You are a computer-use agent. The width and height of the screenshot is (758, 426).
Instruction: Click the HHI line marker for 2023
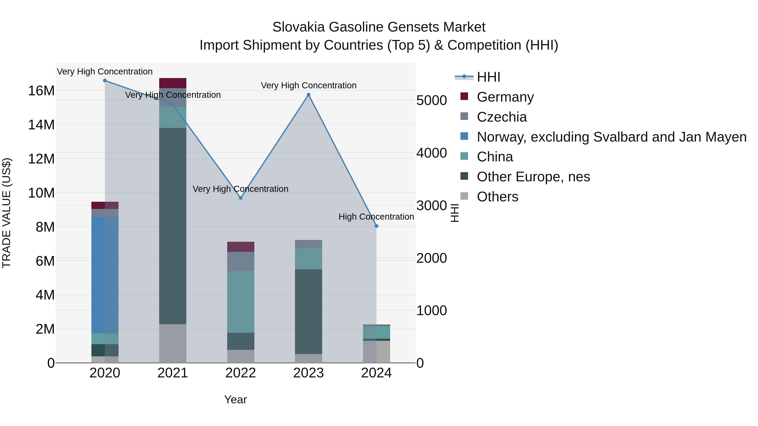pyautogui.click(x=308, y=95)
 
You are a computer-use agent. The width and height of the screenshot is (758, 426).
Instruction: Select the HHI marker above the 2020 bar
pyautogui.click(x=105, y=81)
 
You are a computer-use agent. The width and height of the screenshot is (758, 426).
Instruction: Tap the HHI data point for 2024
pyautogui.click(x=376, y=226)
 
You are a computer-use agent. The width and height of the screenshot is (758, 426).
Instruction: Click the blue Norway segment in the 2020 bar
pyautogui.click(x=105, y=275)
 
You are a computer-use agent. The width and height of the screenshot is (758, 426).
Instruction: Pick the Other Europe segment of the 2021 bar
pyautogui.click(x=173, y=226)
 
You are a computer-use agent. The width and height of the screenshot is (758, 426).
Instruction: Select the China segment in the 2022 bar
pyautogui.click(x=241, y=302)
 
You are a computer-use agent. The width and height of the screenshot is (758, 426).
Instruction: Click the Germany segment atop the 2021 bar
pyautogui.click(x=173, y=83)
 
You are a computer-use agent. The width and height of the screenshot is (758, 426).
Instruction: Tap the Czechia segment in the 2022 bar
pyautogui.click(x=241, y=261)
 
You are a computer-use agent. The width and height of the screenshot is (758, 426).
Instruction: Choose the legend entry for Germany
pyautogui.click(x=505, y=97)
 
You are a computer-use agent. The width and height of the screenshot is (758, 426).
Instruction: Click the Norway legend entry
pyautogui.click(x=611, y=137)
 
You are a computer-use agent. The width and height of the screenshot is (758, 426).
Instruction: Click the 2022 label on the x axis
pyautogui.click(x=241, y=373)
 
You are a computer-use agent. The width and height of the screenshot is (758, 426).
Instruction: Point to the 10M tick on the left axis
pyautogui.click(x=41, y=193)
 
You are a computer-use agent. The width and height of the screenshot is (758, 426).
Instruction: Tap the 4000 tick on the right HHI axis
pyautogui.click(x=432, y=153)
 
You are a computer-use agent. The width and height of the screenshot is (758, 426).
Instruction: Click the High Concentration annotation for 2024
pyautogui.click(x=376, y=217)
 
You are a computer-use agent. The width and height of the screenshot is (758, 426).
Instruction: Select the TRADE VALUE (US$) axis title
pyautogui.click(x=7, y=213)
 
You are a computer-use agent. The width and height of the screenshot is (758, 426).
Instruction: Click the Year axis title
pyautogui.click(x=235, y=399)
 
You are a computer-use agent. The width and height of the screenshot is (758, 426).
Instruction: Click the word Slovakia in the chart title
pyautogui.click(x=298, y=27)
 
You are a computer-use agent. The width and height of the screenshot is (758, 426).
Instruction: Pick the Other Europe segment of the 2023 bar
pyautogui.click(x=308, y=311)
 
